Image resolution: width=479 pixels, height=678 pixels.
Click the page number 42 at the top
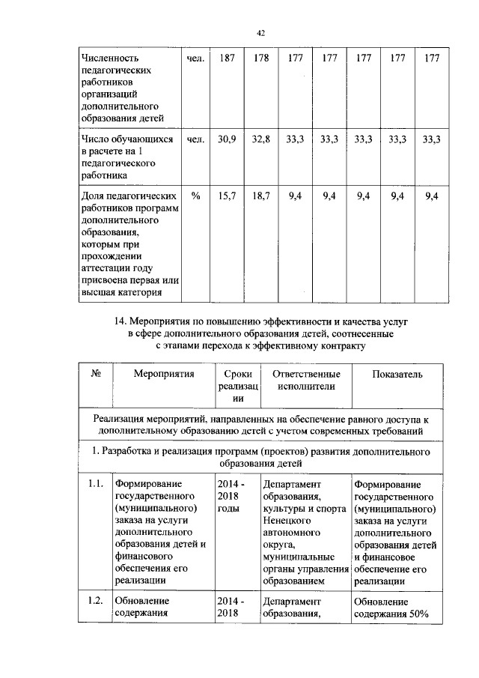click(261, 32)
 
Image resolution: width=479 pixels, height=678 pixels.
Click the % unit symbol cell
click(195, 196)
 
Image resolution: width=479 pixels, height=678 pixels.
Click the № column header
click(96, 374)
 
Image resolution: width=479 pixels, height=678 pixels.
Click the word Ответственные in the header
click(306, 374)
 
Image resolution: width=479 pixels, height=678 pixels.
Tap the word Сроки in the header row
click(238, 374)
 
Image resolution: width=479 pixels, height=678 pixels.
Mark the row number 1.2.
click(94, 601)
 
